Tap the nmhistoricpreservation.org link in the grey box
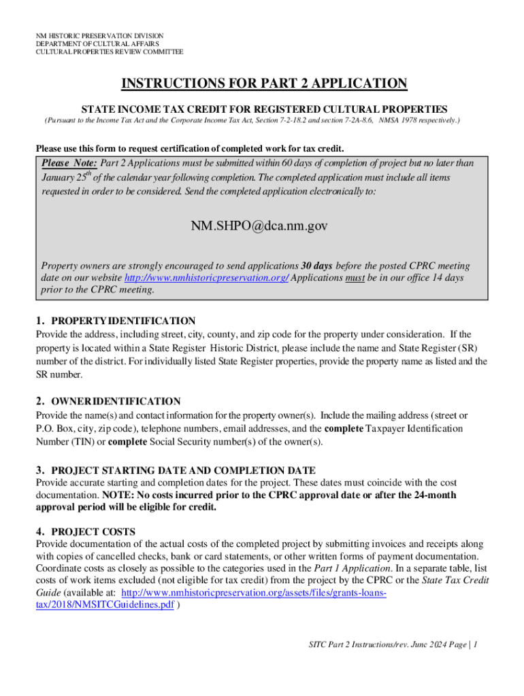[x=206, y=278]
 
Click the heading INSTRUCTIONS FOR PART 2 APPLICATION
[x=264, y=84]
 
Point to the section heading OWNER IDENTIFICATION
[x=116, y=401]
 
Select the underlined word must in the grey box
[x=355, y=278]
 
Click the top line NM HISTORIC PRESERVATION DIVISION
[x=100, y=35]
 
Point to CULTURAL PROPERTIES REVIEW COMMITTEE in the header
[x=110, y=52]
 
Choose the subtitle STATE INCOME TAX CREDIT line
[x=264, y=109]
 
